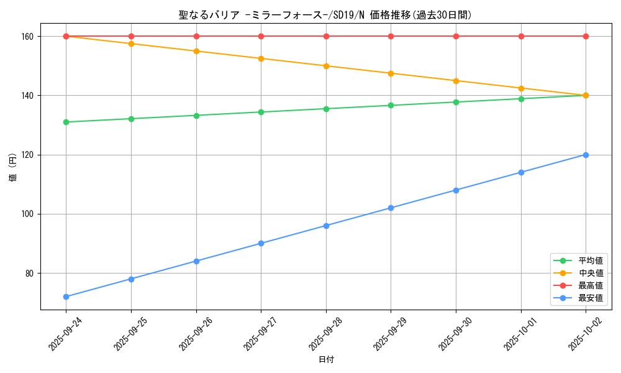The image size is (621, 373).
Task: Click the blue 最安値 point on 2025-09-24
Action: tap(66, 297)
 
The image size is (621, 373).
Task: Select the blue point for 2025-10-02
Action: tap(586, 155)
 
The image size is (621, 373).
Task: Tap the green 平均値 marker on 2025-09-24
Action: tap(66, 122)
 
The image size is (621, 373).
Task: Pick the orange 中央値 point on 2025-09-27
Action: tap(261, 58)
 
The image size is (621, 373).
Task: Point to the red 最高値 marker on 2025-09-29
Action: tap(391, 36)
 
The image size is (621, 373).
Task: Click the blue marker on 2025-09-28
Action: tap(326, 226)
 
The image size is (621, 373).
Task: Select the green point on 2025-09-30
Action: tap(456, 102)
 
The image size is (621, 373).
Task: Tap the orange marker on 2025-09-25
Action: tap(131, 44)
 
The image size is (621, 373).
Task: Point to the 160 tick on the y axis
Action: tap(29, 36)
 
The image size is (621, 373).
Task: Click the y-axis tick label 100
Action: tap(29, 214)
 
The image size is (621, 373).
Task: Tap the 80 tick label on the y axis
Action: tap(30, 273)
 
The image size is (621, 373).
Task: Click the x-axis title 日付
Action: tap(326, 359)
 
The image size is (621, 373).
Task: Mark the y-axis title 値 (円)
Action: tap(13, 169)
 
